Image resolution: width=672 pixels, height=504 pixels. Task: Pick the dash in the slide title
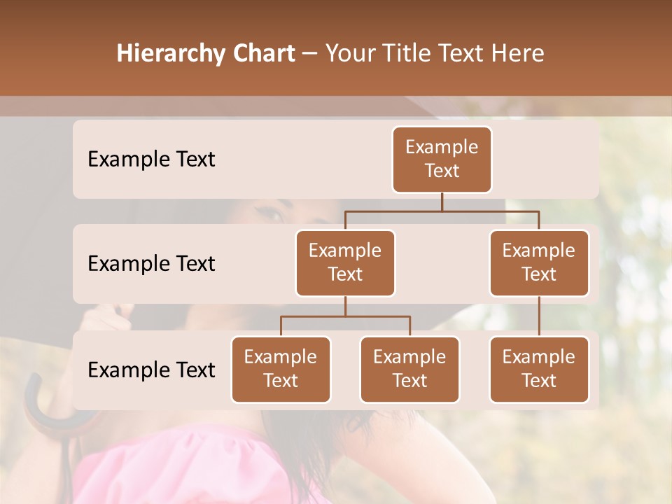[310, 54]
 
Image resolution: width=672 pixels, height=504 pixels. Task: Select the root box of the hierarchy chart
[442, 159]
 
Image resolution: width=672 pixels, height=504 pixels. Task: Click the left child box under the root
[345, 262]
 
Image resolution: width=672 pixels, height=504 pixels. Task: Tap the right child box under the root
[539, 262]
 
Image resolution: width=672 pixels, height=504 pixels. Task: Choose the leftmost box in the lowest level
[281, 369]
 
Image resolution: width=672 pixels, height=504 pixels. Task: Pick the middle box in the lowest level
[409, 369]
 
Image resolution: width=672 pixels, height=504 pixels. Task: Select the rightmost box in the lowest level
[539, 369]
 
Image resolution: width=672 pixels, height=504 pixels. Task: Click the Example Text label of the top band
[151, 159]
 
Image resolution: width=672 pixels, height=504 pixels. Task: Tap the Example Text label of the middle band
[151, 263]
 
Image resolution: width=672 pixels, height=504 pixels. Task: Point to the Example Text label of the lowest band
[151, 370]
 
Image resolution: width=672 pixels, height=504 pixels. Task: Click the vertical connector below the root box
[442, 202]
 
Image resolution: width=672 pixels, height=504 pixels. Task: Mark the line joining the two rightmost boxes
[539, 316]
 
